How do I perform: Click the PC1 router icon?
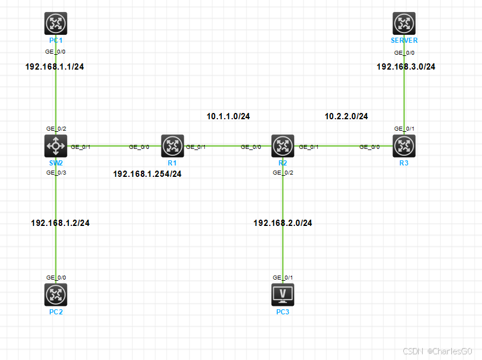click(x=55, y=24)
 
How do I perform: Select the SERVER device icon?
click(x=404, y=24)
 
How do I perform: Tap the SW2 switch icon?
click(x=55, y=146)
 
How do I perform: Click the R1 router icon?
click(x=172, y=146)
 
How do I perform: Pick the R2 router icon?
click(x=282, y=146)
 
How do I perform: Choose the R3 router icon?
click(x=404, y=146)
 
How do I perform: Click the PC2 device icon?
click(x=55, y=294)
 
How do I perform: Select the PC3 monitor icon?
click(x=282, y=294)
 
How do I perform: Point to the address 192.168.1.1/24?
click(x=55, y=66)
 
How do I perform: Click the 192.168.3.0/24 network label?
click(x=406, y=67)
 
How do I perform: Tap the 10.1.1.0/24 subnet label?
click(x=228, y=116)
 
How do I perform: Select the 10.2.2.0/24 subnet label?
click(x=346, y=116)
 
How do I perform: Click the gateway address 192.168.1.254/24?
click(x=147, y=173)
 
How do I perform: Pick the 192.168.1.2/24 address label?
click(x=60, y=223)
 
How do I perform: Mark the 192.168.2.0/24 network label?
click(x=282, y=223)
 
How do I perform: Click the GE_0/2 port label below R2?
click(x=282, y=172)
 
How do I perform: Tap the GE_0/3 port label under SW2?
click(x=56, y=172)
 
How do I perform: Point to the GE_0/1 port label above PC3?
click(x=282, y=278)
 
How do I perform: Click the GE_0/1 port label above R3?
click(x=404, y=129)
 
